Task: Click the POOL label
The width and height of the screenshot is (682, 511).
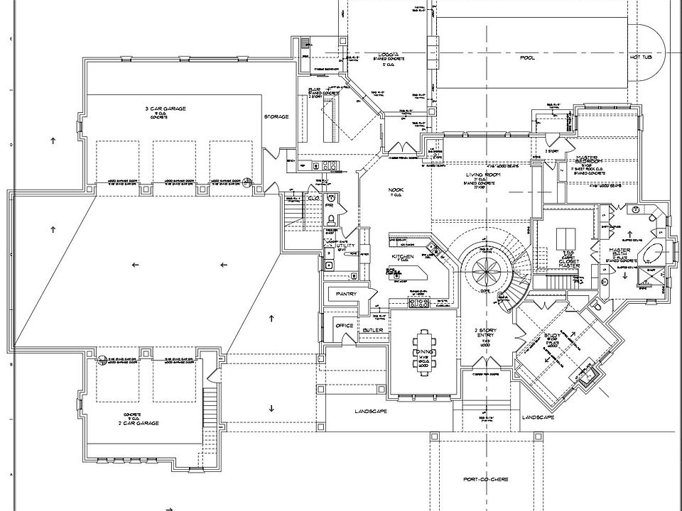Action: [x=526, y=57]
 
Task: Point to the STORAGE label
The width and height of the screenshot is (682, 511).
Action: [x=276, y=116]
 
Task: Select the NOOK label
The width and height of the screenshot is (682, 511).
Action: [x=396, y=190]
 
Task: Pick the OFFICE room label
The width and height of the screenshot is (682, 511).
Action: [x=345, y=326]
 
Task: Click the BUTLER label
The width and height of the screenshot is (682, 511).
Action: [x=373, y=330]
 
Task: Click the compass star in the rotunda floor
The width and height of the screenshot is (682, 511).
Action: [x=487, y=270]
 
